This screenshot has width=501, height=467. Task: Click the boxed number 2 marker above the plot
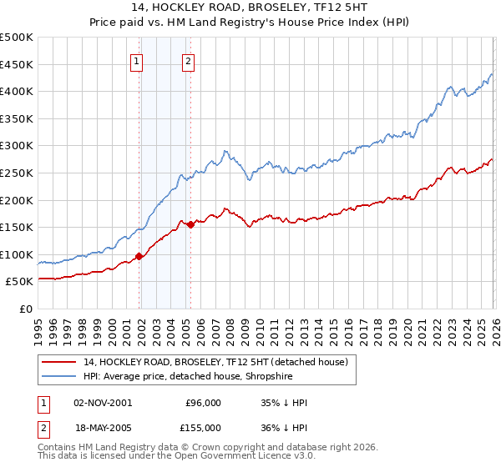point(189,60)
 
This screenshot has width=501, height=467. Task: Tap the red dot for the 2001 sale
point(139,257)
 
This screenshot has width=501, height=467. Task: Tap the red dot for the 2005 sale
point(190,224)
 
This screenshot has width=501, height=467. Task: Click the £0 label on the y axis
point(25,309)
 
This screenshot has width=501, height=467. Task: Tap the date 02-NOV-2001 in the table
point(103,403)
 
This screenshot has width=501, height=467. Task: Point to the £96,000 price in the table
point(203,403)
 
